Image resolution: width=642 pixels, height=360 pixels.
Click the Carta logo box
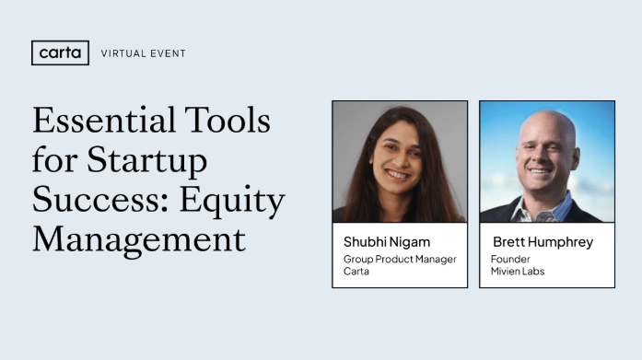[60, 53]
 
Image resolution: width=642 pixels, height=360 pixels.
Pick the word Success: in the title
[94, 200]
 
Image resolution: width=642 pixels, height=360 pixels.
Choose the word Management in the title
[139, 239]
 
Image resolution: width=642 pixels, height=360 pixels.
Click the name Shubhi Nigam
[387, 242]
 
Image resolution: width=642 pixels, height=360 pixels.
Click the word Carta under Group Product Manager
[356, 272]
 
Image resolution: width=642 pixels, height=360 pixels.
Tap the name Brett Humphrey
[542, 242]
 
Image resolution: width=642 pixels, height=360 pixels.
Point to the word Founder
[510, 260]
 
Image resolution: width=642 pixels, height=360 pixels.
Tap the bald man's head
[547, 129]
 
